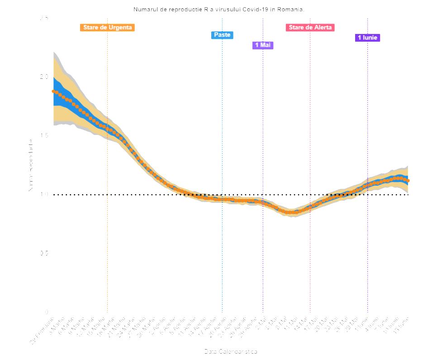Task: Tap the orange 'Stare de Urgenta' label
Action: coord(107,28)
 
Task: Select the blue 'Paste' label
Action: coord(222,35)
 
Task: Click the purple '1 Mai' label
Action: coord(262,45)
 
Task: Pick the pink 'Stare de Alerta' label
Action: coord(310,28)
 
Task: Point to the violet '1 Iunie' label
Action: coord(367,38)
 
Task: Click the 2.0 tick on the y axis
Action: coord(43,77)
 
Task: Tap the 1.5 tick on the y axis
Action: coord(43,135)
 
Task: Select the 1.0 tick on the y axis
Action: coord(43,194)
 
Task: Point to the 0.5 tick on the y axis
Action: coord(43,253)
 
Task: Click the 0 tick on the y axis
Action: coord(46,312)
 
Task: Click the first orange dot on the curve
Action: coord(53,91)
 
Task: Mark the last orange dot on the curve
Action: coord(408,181)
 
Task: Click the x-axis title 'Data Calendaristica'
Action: coord(231,351)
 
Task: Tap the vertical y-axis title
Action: coord(31,165)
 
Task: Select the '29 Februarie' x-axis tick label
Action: coord(42,330)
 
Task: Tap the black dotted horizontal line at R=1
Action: coord(136,195)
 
